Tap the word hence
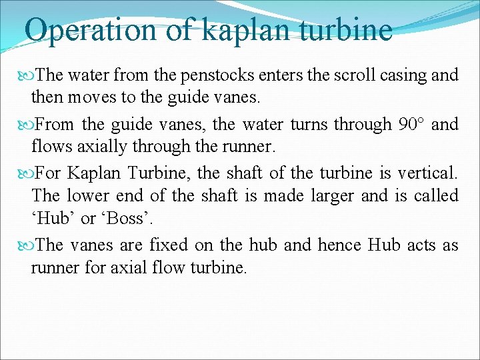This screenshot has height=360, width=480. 339,245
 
